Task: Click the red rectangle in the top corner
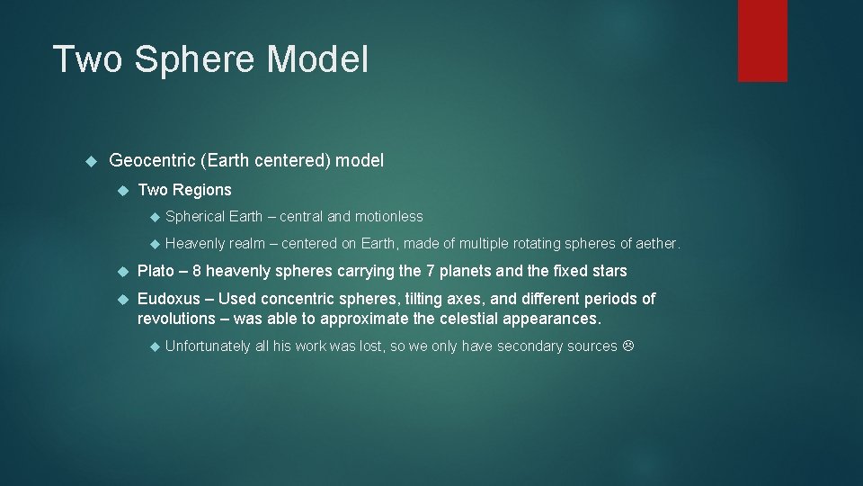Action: pyautogui.click(x=762, y=40)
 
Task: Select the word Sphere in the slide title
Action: pyautogui.click(x=194, y=59)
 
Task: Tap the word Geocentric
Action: pyautogui.click(x=152, y=161)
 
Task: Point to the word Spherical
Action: pyautogui.click(x=195, y=217)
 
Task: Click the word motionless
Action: pyautogui.click(x=388, y=217)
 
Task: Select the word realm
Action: pyautogui.click(x=247, y=244)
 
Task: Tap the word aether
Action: pyautogui.click(x=657, y=244)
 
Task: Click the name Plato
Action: pyautogui.click(x=156, y=271)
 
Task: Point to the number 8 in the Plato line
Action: pyautogui.click(x=197, y=271)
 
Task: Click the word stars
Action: pyautogui.click(x=608, y=271)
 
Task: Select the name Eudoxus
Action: pyautogui.click(x=169, y=299)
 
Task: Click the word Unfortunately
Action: pyautogui.click(x=208, y=346)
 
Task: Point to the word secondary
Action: pyautogui.click(x=497, y=346)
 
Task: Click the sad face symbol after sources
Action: pyautogui.click(x=628, y=346)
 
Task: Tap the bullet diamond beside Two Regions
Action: pyautogui.click(x=124, y=190)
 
